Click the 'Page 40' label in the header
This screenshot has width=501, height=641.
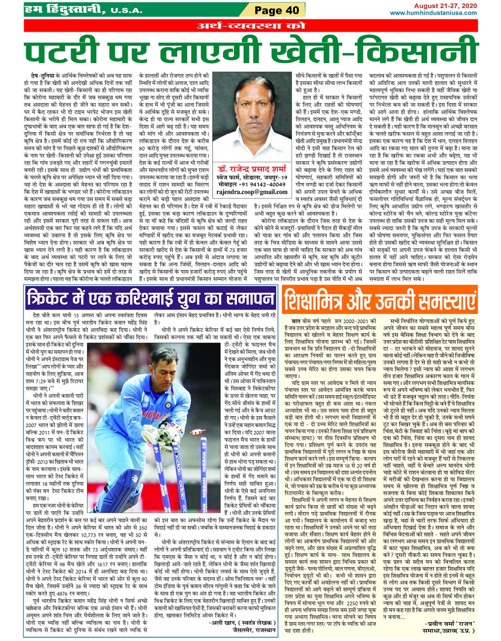[x=276, y=10]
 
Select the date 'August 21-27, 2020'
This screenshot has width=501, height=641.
[x=445, y=6]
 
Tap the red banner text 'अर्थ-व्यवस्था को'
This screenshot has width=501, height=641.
[x=250, y=26]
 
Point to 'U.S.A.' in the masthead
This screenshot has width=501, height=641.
[x=126, y=10]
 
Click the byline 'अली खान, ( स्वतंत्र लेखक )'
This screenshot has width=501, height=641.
[x=243, y=622]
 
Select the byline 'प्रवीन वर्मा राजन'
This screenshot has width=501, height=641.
[x=448, y=624]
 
